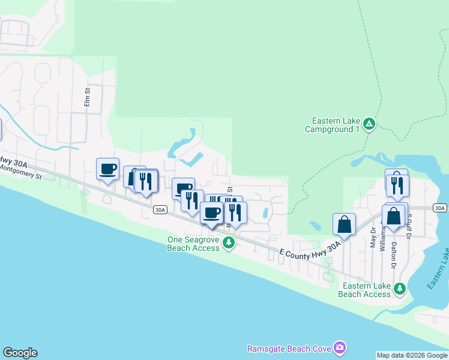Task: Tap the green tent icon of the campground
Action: pyautogui.click(x=369, y=124)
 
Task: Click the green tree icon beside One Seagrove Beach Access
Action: pyautogui.click(x=228, y=242)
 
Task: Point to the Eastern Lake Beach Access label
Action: pyautogui.click(x=364, y=290)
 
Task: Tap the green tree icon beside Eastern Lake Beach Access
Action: pyautogui.click(x=400, y=289)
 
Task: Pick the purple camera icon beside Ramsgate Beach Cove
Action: pyautogui.click(x=340, y=348)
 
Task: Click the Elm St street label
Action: pyautogui.click(x=87, y=98)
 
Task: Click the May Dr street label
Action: pyautogui.click(x=373, y=238)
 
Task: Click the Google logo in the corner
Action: pyautogui.click(x=20, y=353)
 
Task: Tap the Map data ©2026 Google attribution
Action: pyautogui.click(x=412, y=355)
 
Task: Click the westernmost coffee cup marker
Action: pyautogui.click(x=108, y=169)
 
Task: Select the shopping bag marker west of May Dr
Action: pyautogui.click(x=344, y=224)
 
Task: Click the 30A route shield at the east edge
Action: pyautogui.click(x=440, y=208)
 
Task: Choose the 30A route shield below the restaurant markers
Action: pyautogui.click(x=159, y=209)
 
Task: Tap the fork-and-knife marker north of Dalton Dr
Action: pyautogui.click(x=397, y=184)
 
